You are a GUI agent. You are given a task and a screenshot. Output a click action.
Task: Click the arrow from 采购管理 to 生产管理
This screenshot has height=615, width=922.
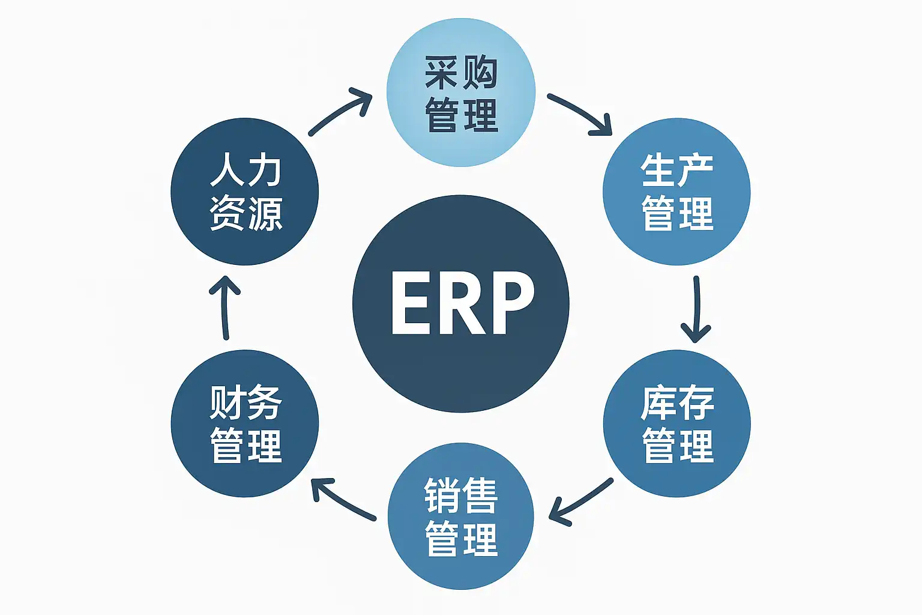tap(581, 113)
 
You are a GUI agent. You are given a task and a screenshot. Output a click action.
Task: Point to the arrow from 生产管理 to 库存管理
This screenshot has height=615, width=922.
tap(696, 309)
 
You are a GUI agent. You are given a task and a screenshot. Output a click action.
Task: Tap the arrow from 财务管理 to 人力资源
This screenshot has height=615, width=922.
tap(225, 307)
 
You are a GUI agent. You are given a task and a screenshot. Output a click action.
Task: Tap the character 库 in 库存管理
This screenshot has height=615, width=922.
tap(658, 404)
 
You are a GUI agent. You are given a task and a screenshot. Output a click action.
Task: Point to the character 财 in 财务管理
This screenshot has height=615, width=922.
tap(226, 402)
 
